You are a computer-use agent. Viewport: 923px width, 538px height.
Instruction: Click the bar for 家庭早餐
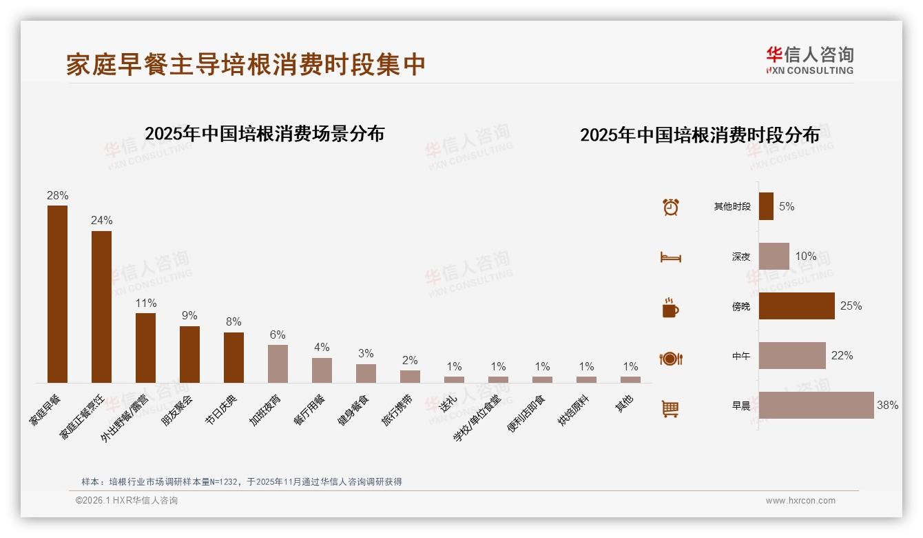(57, 294)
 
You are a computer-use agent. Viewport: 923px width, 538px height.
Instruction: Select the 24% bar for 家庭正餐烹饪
(101, 307)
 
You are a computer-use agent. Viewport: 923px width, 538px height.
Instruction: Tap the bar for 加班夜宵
(278, 363)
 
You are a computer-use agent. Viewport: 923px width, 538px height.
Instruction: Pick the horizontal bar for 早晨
(816, 406)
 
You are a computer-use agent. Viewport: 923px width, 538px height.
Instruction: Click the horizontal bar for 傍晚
(796, 306)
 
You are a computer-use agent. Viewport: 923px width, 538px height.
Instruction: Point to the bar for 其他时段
(766, 206)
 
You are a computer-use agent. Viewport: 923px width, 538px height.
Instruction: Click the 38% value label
(887, 406)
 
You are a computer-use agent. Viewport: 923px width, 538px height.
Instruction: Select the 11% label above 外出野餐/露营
(146, 303)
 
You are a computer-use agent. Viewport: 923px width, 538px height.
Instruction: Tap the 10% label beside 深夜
(805, 257)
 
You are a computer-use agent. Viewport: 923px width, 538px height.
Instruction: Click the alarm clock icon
(670, 207)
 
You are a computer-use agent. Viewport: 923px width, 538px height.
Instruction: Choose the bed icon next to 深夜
(670, 257)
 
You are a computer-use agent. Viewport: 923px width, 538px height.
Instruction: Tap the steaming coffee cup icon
(670, 308)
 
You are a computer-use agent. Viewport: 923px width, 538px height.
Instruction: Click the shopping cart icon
(670, 408)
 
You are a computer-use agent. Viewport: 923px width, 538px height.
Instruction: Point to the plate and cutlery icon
(670, 358)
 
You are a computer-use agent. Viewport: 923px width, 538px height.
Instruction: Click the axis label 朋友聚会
(178, 410)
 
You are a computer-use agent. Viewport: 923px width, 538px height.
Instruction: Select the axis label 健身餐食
(354, 410)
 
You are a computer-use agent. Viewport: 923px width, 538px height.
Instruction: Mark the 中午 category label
(741, 357)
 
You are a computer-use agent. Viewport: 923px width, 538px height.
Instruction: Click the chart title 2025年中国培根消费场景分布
(265, 134)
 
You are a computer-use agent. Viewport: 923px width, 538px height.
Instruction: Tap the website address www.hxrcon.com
(800, 501)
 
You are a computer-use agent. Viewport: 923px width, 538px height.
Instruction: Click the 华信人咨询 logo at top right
(809, 60)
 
